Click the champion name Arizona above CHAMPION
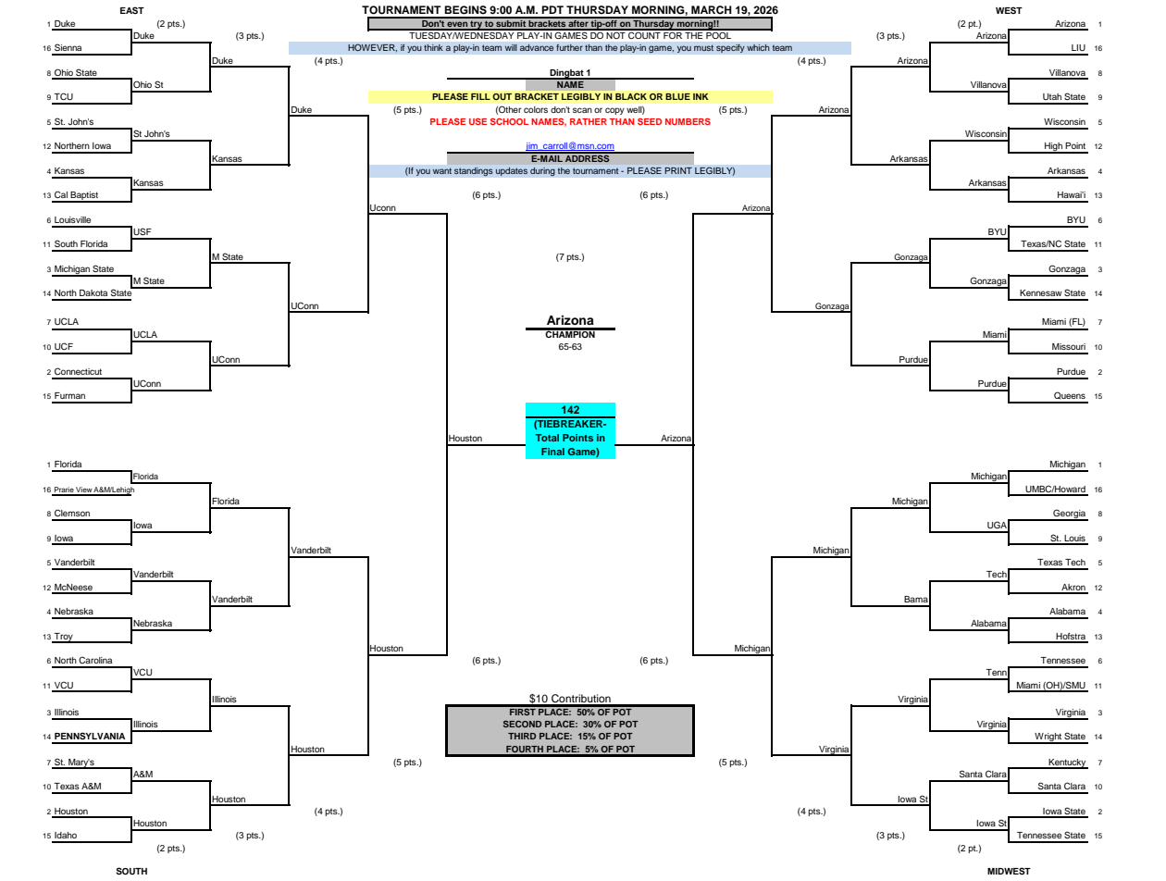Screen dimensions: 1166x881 tap(569, 320)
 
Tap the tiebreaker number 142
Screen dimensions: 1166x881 tap(569, 410)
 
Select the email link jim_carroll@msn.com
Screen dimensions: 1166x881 tap(569, 145)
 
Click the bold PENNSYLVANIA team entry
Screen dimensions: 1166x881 tap(89, 736)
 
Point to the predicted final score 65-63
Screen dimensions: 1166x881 tap(569, 347)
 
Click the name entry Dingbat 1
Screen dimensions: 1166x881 tap(569, 73)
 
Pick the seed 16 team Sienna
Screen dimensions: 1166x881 tap(68, 48)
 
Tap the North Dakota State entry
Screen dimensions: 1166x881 tap(93, 293)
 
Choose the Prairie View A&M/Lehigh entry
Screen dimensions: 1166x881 tap(93, 490)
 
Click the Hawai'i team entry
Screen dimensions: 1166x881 tap(1071, 195)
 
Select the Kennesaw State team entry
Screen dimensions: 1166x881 tap(1052, 293)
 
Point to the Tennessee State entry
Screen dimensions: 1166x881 tap(1050, 836)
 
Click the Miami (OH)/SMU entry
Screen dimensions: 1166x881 tap(1050, 686)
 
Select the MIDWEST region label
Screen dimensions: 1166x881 tap(1008, 872)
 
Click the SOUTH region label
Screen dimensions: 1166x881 tap(131, 872)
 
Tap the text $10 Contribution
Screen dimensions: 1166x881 tap(569, 699)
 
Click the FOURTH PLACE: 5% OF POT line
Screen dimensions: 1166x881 tap(569, 750)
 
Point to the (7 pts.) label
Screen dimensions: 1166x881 tap(569, 257)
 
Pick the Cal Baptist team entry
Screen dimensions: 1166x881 tap(76, 195)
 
